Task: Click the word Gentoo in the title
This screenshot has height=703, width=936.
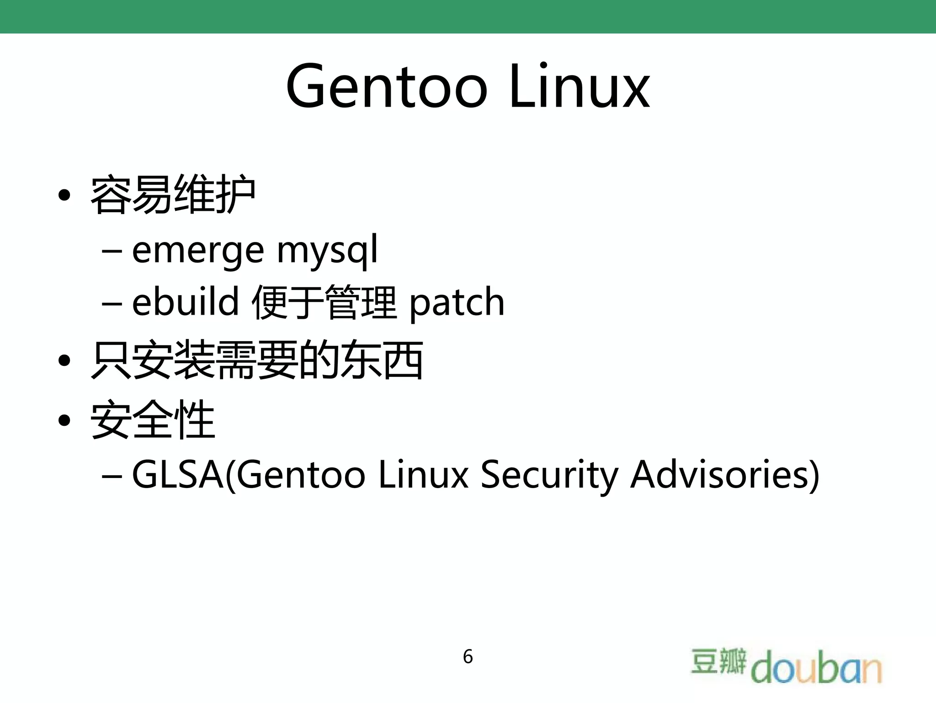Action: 387,87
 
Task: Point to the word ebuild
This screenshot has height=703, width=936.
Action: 185,302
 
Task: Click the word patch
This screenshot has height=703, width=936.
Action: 457,303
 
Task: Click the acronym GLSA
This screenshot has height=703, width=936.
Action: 178,475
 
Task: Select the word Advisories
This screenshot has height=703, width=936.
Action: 724,475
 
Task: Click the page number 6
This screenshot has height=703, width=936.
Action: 468,657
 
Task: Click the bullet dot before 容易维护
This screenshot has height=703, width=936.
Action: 64,196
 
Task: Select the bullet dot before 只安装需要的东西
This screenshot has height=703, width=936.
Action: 64,360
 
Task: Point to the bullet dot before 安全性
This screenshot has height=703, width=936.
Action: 64,420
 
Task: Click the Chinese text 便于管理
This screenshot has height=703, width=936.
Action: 324,302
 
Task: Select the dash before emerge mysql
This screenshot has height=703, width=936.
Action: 112,251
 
